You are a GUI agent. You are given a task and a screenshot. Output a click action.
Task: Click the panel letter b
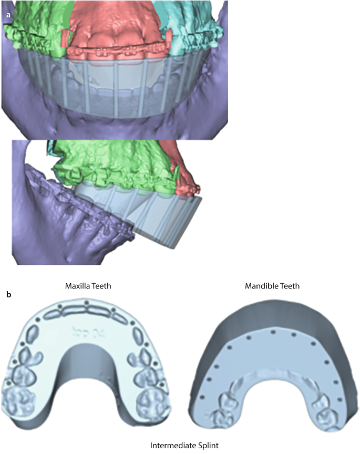click(8, 295)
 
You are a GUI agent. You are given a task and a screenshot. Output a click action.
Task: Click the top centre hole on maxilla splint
click(86, 303)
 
